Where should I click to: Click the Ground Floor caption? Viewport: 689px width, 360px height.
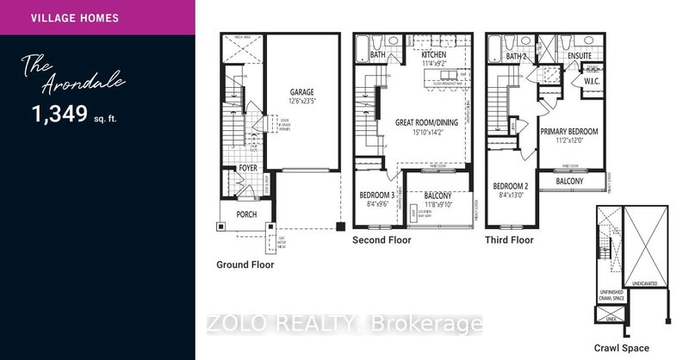(x=245, y=265)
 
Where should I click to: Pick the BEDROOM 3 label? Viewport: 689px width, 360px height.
(x=376, y=196)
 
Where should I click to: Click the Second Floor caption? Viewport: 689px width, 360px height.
(x=382, y=240)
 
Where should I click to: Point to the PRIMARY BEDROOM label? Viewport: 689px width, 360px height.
(x=568, y=131)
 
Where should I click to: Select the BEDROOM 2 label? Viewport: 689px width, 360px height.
(x=510, y=185)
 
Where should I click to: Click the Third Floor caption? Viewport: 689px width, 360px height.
(x=510, y=240)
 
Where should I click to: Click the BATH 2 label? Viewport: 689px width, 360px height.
(x=516, y=55)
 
